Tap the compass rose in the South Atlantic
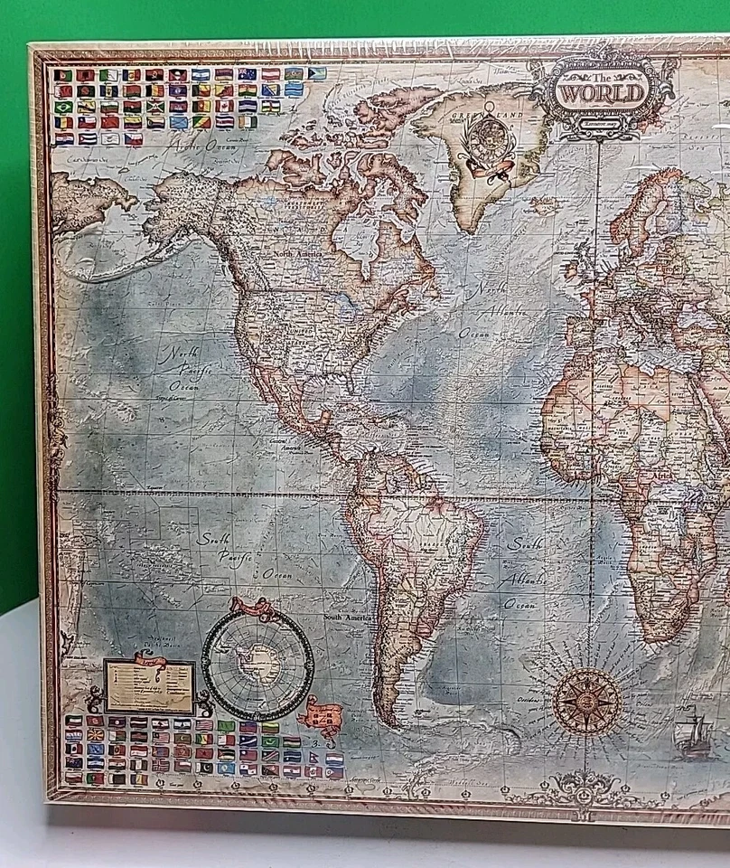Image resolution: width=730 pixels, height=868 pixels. pyautogui.click(x=586, y=700)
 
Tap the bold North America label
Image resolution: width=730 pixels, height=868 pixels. pyautogui.click(x=299, y=256)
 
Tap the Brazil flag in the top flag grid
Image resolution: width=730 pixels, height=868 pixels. pyautogui.click(x=63, y=107)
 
